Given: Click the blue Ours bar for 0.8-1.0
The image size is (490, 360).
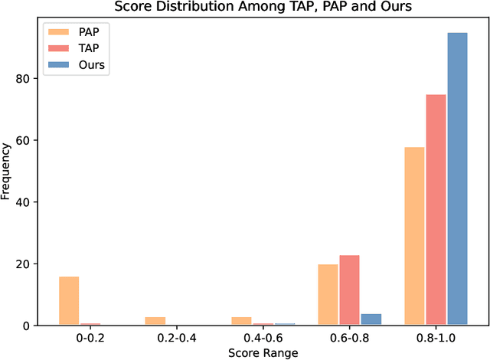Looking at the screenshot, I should pyautogui.click(x=457, y=179).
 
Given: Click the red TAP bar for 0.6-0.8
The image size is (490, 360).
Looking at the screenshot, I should pyautogui.click(x=349, y=290).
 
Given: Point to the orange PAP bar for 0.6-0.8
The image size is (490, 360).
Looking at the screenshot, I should pyautogui.click(x=328, y=295).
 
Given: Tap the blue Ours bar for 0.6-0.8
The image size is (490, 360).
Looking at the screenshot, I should pyautogui.click(x=371, y=319).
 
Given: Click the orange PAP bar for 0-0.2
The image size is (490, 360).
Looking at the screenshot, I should pyautogui.click(x=69, y=301).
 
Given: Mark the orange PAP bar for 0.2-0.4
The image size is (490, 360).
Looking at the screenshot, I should pyautogui.click(x=155, y=321).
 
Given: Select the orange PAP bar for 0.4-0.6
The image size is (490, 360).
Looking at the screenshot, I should pyautogui.click(x=241, y=321).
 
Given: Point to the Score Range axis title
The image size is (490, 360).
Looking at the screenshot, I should pyautogui.click(x=263, y=352).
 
